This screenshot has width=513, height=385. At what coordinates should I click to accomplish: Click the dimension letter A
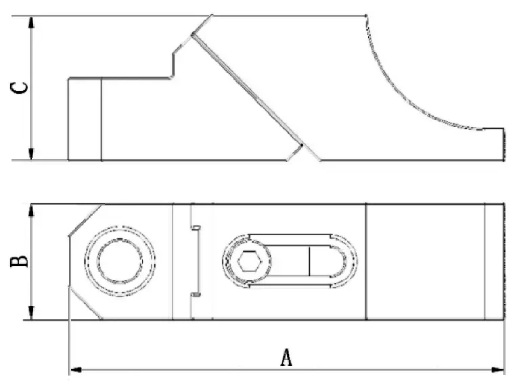(x=286, y=357)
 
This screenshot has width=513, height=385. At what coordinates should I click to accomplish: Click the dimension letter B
(x=19, y=261)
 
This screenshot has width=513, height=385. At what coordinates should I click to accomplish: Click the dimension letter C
(x=19, y=88)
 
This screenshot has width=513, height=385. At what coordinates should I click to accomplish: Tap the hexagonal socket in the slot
(x=249, y=261)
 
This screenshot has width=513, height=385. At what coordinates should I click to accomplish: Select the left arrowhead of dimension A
(x=76, y=369)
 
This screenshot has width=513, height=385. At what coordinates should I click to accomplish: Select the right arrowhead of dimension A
(x=498, y=369)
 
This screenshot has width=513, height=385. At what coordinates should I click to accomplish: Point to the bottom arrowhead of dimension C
(x=31, y=154)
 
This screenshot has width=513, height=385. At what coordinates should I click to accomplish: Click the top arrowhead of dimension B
(x=31, y=211)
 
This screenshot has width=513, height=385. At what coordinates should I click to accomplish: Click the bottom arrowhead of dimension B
(x=31, y=313)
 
